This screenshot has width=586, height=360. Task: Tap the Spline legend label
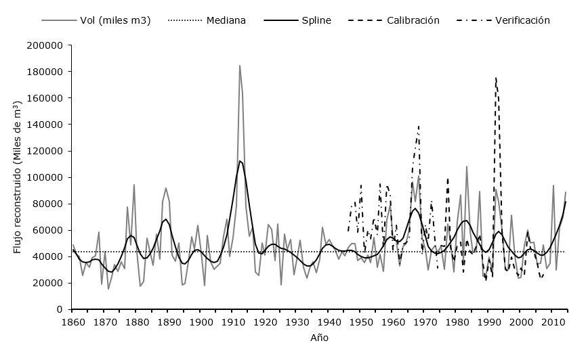tap(316, 20)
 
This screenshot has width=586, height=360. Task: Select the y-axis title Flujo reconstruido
tap(18, 177)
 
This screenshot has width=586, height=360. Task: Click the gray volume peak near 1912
tap(240, 66)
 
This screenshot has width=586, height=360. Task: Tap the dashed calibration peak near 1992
tap(496, 78)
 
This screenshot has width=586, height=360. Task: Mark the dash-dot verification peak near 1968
tap(419, 127)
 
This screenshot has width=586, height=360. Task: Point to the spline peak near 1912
tap(240, 161)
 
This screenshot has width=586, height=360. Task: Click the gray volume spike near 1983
tap(467, 166)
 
